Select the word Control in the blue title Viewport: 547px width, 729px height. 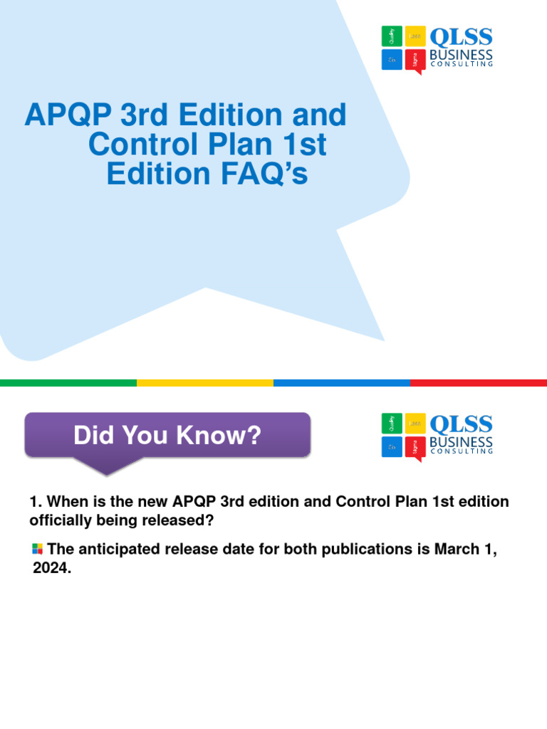139,145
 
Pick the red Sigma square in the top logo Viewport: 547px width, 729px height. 415,61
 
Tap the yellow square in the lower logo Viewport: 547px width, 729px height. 415,424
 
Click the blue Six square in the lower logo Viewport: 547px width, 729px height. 391,447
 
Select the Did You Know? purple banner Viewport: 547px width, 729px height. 167,435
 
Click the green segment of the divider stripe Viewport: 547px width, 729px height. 68,383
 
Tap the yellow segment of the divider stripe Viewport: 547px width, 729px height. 205,383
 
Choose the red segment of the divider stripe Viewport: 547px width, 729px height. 479,383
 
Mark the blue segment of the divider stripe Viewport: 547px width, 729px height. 342,383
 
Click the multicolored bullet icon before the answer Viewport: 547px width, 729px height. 37,548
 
